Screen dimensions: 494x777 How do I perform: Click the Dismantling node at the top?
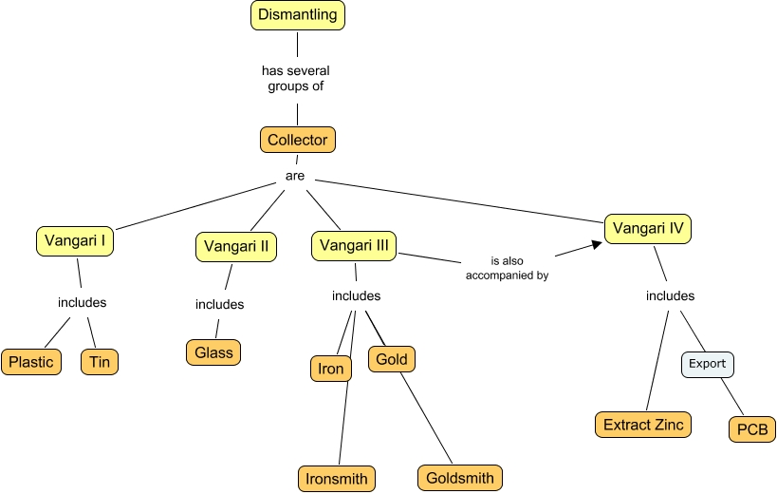[x=297, y=16]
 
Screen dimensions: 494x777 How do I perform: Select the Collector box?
[x=298, y=141]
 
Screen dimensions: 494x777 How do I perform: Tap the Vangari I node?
[x=75, y=240]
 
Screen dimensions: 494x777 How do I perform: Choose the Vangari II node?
[x=236, y=247]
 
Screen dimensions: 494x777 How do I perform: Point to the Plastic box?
[x=31, y=362]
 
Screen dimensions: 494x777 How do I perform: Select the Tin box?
[x=100, y=362]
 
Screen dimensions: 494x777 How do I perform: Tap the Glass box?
[x=213, y=351]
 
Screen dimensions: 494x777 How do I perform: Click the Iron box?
[x=331, y=369]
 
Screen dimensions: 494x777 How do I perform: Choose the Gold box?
[x=392, y=360]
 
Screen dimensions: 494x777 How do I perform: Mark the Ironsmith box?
[x=336, y=478]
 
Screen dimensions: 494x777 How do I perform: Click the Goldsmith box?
[x=459, y=478]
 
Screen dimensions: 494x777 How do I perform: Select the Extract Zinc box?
[x=642, y=425]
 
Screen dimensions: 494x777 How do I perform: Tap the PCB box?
[x=752, y=428]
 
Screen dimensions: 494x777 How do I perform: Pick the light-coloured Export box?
[x=707, y=364]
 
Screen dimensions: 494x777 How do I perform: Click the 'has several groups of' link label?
[x=297, y=78]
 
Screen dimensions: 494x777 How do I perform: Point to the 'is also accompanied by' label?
[x=507, y=269]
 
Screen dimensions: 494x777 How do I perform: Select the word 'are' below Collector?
[x=295, y=177]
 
